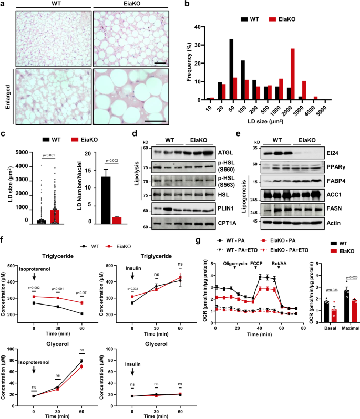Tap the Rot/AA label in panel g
coord(280,263)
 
